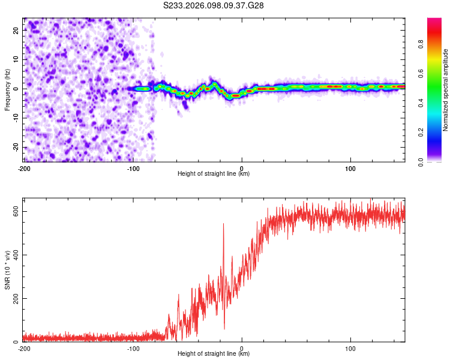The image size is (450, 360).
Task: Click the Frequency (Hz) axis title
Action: coord(7,89)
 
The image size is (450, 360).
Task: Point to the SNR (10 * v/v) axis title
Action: coord(7,272)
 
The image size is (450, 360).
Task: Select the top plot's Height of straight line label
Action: coord(214,173)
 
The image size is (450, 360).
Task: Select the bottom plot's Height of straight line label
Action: coord(214,353)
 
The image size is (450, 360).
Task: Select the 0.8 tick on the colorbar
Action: coord(437,43)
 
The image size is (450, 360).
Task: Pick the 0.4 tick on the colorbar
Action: coord(437,103)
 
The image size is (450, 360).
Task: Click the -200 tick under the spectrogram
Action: coord(24,168)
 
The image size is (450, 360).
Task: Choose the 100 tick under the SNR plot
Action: coord(350,348)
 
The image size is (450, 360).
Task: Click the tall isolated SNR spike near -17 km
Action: coord(223,224)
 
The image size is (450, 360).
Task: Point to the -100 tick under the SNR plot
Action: coord(133,348)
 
